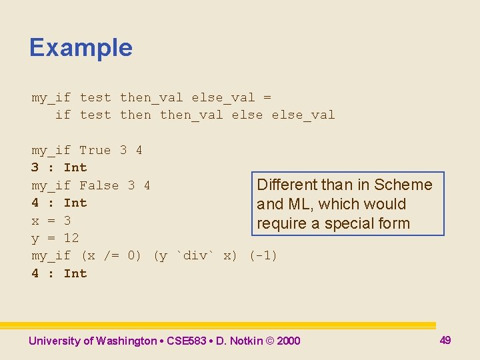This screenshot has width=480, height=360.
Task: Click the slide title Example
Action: point(81,48)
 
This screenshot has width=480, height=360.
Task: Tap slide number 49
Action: point(445,340)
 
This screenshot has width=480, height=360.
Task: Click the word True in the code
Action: point(95,150)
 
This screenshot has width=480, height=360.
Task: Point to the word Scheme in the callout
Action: point(403,185)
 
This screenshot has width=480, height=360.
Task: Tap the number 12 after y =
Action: point(71,238)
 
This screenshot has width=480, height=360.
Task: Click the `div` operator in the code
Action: point(195,256)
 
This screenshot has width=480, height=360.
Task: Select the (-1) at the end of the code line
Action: point(263,256)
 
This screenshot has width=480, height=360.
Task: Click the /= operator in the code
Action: point(103,256)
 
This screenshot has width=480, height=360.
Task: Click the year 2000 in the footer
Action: point(288,341)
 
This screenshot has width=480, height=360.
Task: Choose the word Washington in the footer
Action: point(126,341)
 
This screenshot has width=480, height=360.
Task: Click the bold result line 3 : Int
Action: point(59,167)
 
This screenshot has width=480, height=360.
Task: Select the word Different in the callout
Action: point(287,185)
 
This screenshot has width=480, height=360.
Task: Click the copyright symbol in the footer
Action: point(269,341)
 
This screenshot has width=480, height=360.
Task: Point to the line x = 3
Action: point(51,221)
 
